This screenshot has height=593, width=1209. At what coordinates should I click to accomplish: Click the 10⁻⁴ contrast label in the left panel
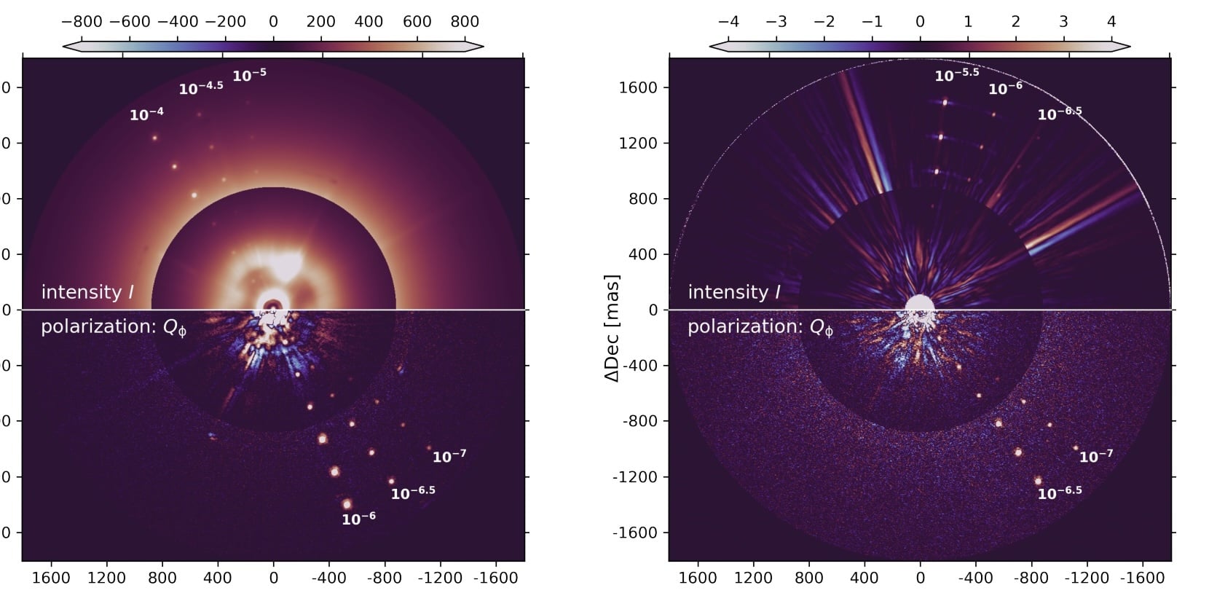click(146, 114)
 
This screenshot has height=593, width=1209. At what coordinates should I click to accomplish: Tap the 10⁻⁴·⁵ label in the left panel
click(200, 88)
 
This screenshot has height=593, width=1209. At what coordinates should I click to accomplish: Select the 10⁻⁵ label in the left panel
click(249, 74)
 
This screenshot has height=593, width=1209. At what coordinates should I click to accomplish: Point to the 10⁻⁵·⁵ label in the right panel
click(956, 74)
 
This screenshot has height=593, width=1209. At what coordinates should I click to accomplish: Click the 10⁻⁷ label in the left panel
click(449, 456)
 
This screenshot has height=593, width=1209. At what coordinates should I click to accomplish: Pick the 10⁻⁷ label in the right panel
click(1095, 456)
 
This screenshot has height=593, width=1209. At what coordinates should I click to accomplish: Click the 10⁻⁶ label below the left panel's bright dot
click(358, 519)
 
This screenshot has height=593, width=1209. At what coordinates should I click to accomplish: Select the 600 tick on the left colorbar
click(417, 22)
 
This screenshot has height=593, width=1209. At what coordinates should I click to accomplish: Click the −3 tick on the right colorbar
click(776, 22)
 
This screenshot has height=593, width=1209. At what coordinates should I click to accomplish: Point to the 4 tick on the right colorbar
click(1111, 22)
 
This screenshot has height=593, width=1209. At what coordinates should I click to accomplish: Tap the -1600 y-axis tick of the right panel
click(637, 533)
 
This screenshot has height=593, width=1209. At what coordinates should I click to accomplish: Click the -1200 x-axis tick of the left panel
click(439, 578)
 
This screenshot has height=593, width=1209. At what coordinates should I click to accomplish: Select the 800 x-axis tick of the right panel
click(809, 578)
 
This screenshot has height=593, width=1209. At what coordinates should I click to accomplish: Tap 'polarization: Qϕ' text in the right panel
click(760, 327)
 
